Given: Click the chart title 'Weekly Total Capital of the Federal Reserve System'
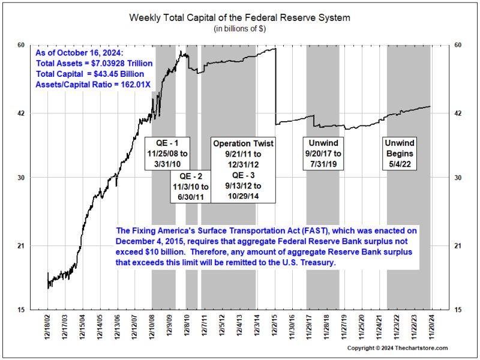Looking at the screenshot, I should (239, 17).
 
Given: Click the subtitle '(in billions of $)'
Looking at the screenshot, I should (239, 28).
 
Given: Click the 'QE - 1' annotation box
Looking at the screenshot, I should (168, 154).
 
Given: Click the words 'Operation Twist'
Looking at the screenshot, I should (243, 144).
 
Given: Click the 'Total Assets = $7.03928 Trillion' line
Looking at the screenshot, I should (94, 63).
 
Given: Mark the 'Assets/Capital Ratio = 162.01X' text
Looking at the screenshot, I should (93, 85).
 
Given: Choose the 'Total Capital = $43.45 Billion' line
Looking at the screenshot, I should (90, 74).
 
